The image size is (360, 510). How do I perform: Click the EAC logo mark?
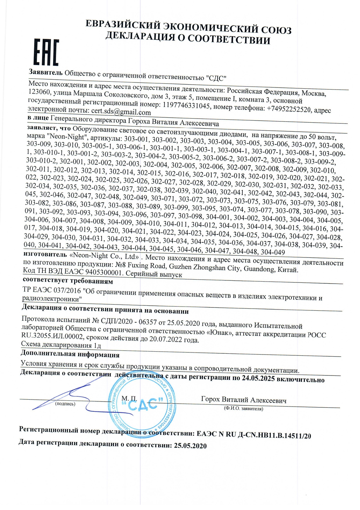pyautogui.click(x=46, y=53)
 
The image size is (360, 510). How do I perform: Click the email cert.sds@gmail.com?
pyautogui.click(x=121, y=112)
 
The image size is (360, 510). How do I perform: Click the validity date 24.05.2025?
pyautogui.click(x=258, y=379)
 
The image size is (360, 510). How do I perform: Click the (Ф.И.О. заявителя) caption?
pyautogui.click(x=243, y=409)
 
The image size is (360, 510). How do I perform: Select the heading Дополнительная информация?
pyautogui.click(x=70, y=354)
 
